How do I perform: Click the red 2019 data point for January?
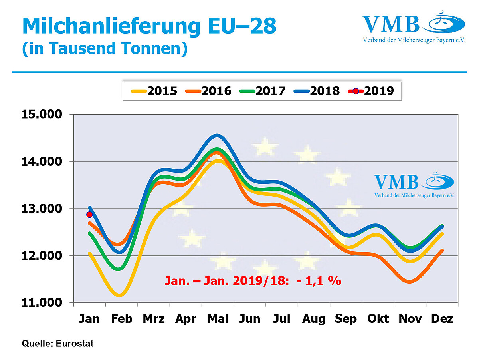click(x=89, y=215)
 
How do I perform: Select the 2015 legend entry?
click(x=154, y=91)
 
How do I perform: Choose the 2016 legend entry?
click(x=208, y=91)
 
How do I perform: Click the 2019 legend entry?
click(x=371, y=91)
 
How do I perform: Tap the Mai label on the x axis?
click(x=218, y=319)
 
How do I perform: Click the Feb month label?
click(x=121, y=319)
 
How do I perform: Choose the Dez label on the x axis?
click(x=442, y=319)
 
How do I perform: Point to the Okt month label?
click(x=378, y=319)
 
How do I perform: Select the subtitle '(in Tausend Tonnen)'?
click(x=105, y=49)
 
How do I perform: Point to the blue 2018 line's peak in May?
click(x=217, y=135)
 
